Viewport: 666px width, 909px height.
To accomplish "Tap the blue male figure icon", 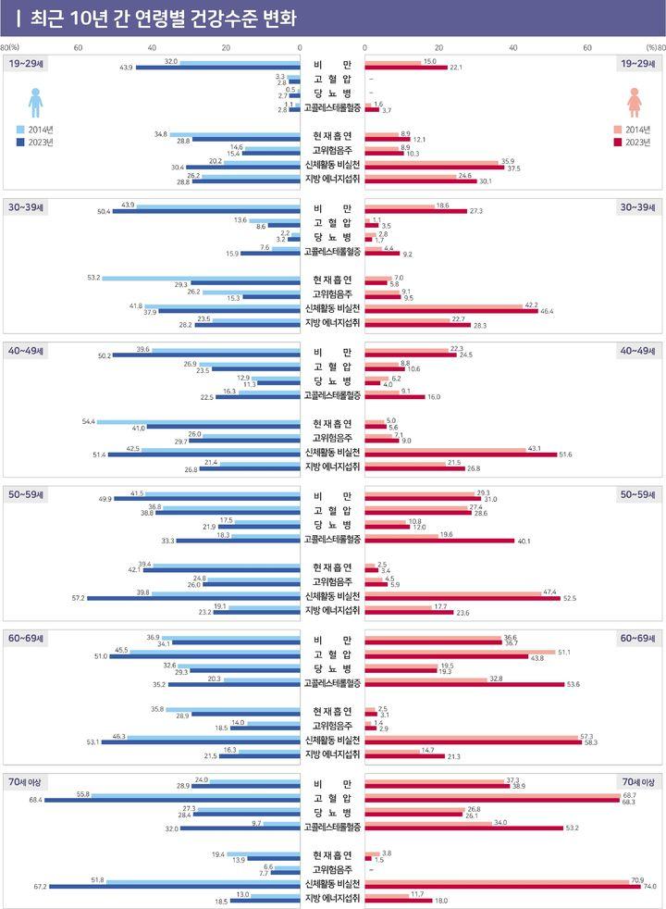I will coord(36,102).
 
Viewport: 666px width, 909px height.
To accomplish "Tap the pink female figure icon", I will coord(635,102).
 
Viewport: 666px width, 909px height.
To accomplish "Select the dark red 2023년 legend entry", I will coord(631,142).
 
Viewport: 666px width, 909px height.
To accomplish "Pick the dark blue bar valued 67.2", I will coord(175,886).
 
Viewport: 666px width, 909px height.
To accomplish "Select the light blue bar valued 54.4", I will coord(198,421).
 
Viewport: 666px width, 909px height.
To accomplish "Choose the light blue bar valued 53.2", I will coord(201,278).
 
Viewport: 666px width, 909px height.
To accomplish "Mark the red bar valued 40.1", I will coord(438,540).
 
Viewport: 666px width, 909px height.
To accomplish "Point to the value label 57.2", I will coord(74,597).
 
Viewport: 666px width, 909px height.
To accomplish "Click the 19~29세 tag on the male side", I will coord(28,62).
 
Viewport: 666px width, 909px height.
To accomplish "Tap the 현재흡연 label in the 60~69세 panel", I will coord(332,710).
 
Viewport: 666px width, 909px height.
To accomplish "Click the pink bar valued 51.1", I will coord(459,653).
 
